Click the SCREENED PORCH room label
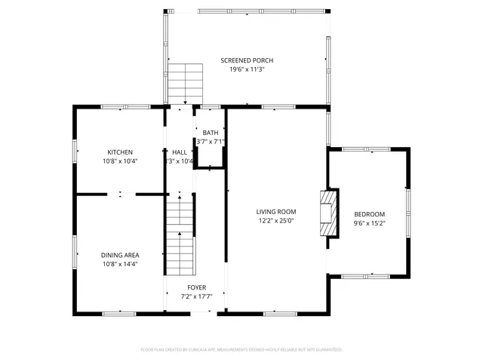(x=246, y=60)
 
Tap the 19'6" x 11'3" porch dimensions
(x=246, y=69)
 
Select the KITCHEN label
(x=120, y=152)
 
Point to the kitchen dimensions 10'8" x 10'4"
(x=120, y=161)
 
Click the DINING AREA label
(x=120, y=255)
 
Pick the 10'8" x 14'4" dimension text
(x=120, y=264)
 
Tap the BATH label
(x=211, y=133)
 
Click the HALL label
(x=180, y=152)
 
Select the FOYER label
(x=196, y=287)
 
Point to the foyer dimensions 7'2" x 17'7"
(x=196, y=296)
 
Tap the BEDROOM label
(x=369, y=214)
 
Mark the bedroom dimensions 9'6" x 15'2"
(x=369, y=223)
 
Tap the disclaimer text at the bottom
(x=241, y=349)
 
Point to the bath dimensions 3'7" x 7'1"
(x=211, y=142)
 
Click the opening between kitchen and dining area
(x=122, y=195)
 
